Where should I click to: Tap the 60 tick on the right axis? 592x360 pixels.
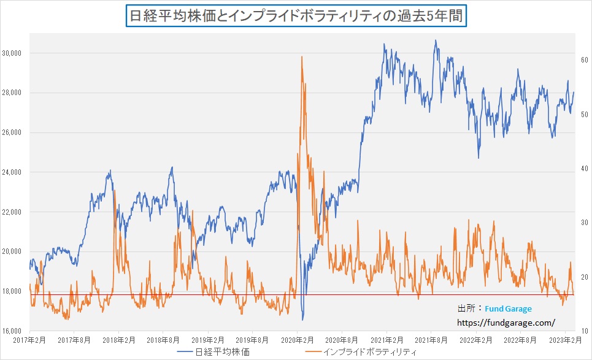(585, 60)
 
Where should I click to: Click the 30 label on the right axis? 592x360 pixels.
(585, 223)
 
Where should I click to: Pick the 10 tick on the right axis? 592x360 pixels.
(585, 331)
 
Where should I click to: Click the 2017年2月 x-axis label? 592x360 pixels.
(29, 340)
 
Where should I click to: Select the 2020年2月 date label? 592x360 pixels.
(297, 340)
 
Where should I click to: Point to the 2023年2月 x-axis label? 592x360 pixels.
(564, 340)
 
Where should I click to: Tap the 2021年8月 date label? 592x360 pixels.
(431, 340)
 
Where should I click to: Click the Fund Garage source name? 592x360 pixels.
(509, 309)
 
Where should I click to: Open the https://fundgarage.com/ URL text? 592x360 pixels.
(506, 322)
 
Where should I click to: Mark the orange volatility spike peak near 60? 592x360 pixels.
(302, 57)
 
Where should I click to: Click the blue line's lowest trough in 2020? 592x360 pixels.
(302, 320)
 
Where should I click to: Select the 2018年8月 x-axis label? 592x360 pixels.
(163, 340)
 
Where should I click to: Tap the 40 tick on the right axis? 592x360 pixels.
(585, 169)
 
